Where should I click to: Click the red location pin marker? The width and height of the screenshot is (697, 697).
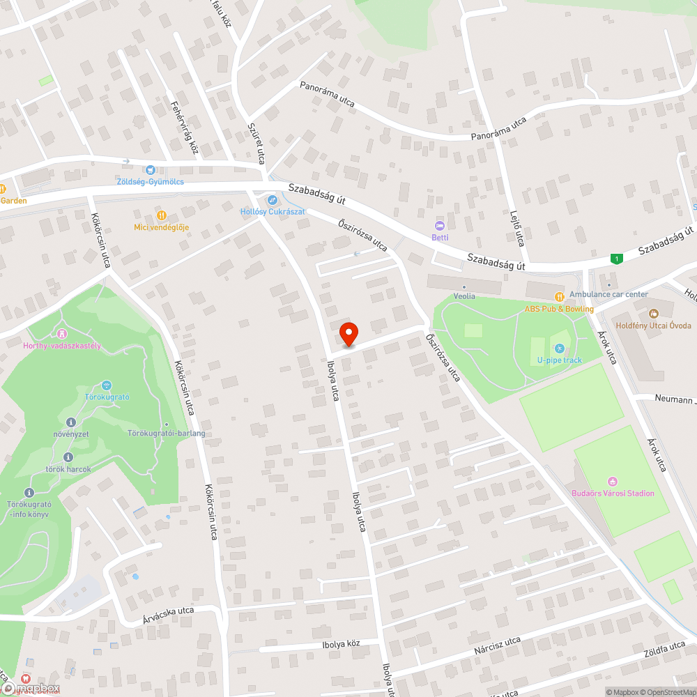coord(348,334)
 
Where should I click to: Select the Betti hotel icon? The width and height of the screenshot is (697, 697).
coord(440,226)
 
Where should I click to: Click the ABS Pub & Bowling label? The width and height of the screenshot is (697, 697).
coord(559,309)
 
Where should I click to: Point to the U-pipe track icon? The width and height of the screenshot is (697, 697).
coord(558,348)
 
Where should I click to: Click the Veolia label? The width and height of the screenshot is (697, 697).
coord(464,296)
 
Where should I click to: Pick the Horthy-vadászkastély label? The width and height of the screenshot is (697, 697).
coord(62,345)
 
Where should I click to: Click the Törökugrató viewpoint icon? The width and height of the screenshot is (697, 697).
coord(107,385)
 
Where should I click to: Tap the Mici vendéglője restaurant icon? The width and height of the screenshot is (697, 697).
coord(162,215)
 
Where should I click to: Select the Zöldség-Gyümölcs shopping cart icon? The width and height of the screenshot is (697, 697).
coord(150,169)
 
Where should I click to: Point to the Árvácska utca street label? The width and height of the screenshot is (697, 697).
coord(168,611)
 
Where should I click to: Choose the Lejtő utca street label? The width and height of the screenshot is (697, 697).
coord(517,229)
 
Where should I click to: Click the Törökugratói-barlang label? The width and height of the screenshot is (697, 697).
coord(167,434)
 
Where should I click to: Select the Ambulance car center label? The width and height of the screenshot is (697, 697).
coord(608,295)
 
